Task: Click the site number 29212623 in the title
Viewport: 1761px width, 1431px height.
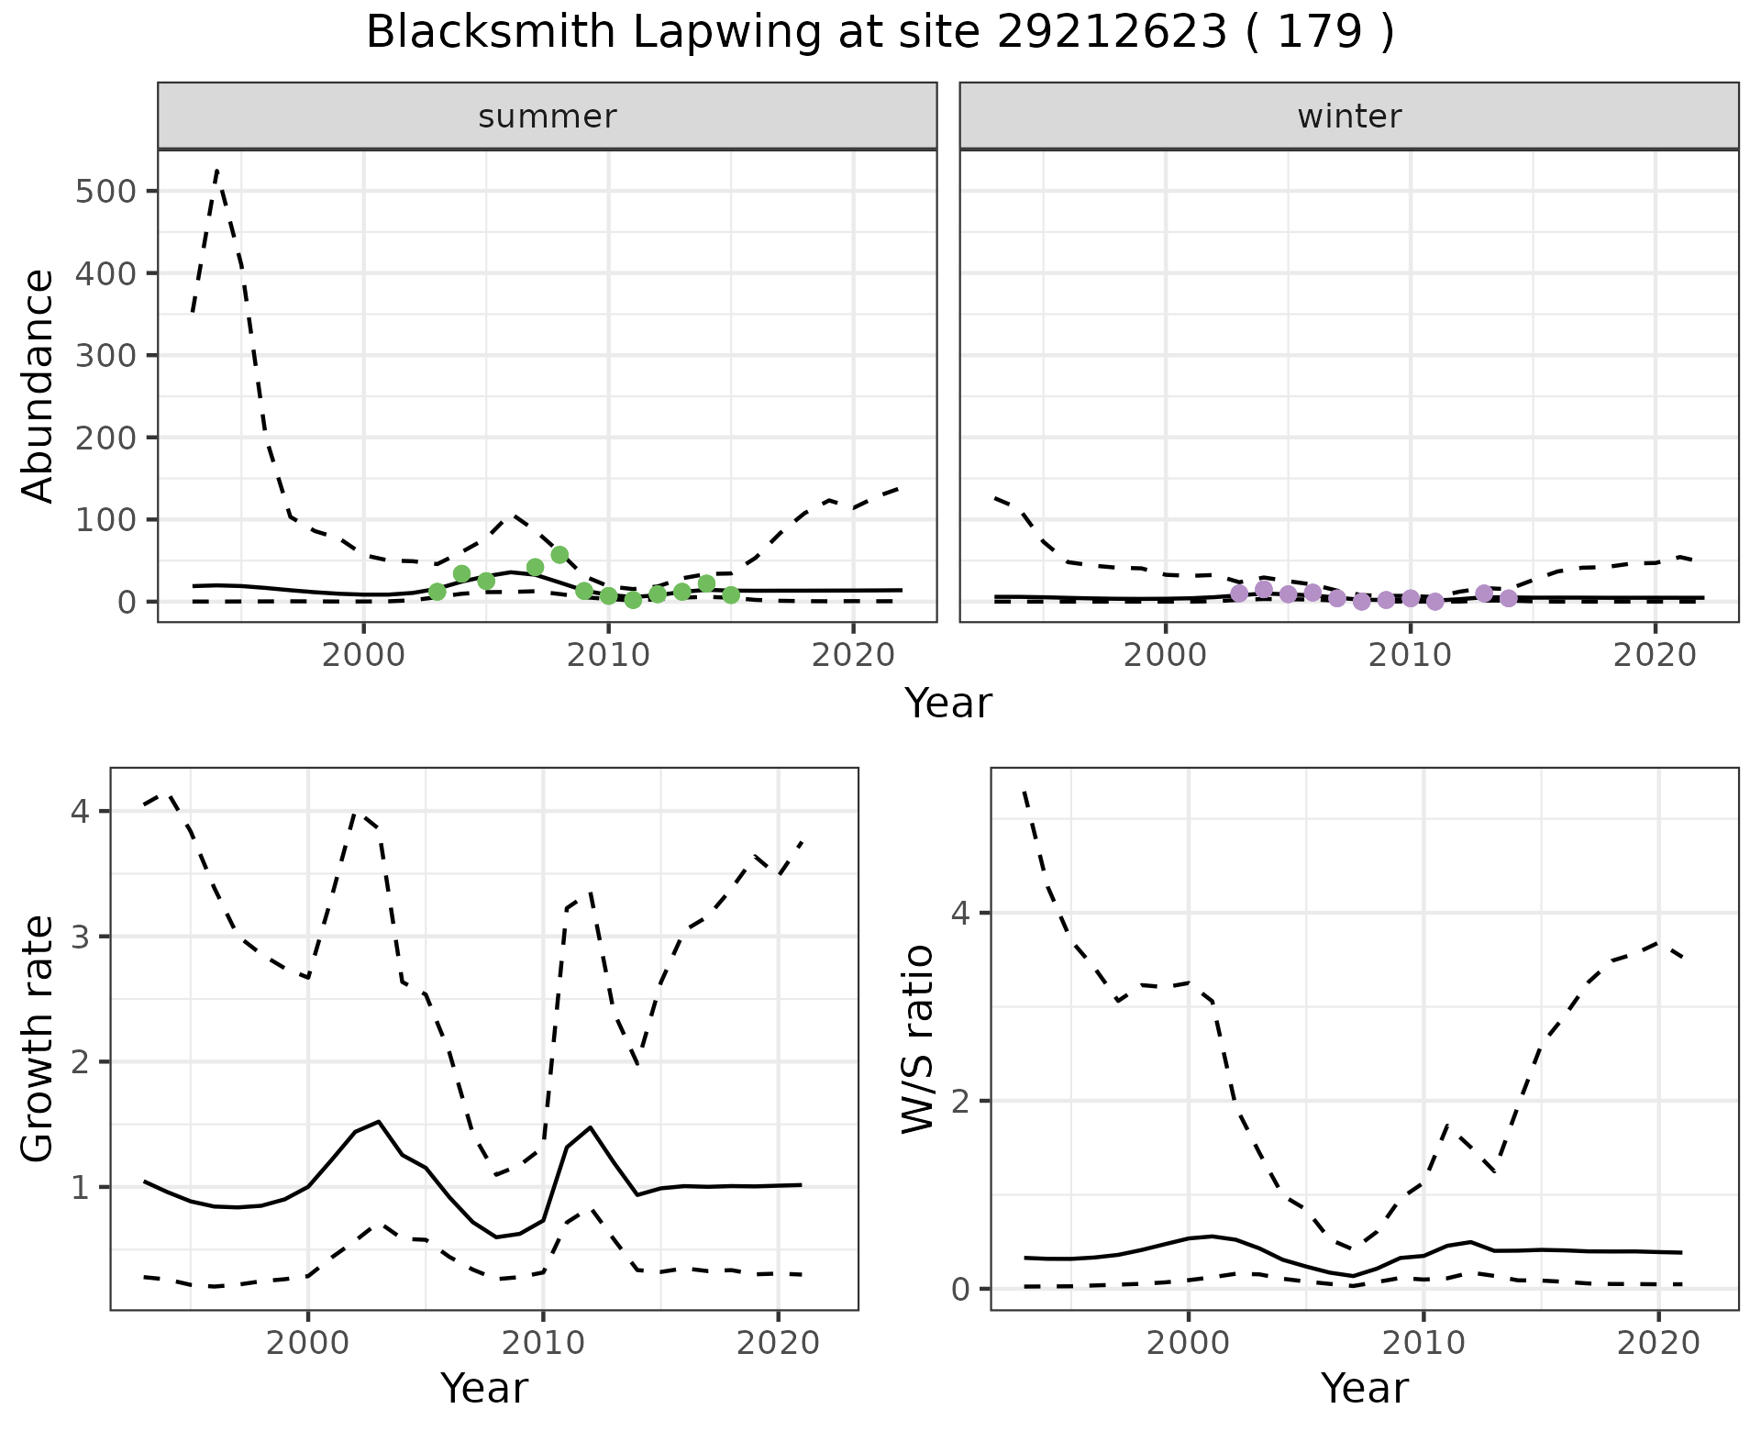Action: click(1112, 33)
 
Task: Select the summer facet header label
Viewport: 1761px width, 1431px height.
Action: click(548, 116)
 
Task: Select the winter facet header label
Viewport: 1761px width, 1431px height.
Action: click(1349, 116)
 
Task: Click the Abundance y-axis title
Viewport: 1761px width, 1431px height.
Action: click(39, 385)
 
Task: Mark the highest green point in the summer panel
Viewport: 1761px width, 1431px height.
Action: click(559, 555)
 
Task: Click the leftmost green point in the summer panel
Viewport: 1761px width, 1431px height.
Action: click(437, 592)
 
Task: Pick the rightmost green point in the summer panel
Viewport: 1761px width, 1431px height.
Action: click(731, 594)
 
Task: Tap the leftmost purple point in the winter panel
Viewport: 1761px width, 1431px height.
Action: click(1239, 593)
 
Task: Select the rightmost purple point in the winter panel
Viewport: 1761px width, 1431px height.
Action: click(1509, 598)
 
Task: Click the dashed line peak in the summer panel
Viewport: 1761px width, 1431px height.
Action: click(216, 170)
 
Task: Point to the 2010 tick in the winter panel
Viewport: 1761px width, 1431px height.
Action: click(1411, 656)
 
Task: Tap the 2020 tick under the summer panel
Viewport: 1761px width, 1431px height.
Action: click(853, 656)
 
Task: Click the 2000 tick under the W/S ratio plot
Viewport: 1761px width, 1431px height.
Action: click(1189, 1344)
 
